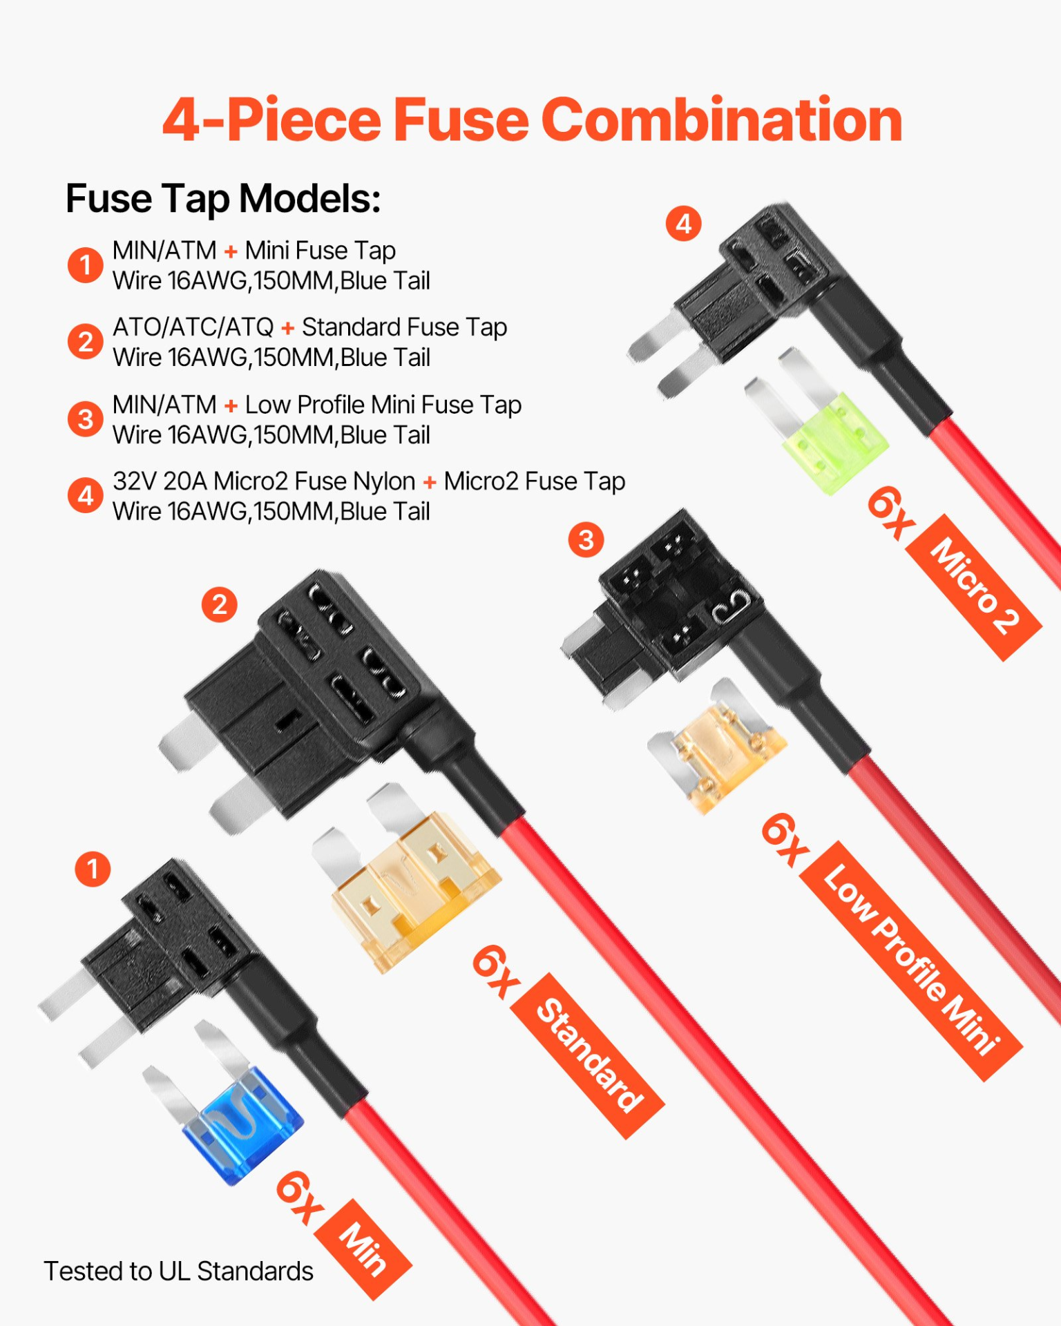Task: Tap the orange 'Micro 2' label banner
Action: click(x=974, y=588)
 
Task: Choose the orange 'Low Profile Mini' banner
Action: click(x=911, y=961)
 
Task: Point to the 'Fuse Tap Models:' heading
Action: click(x=223, y=199)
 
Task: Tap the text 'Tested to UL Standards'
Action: click(x=178, y=1271)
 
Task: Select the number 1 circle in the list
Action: click(x=86, y=265)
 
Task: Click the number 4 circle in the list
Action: click(x=86, y=496)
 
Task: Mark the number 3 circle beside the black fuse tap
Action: click(x=586, y=540)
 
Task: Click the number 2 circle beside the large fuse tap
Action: click(x=220, y=605)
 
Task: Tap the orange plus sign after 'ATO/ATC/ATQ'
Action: click(x=288, y=328)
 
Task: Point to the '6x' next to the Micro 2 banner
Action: click(x=891, y=512)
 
